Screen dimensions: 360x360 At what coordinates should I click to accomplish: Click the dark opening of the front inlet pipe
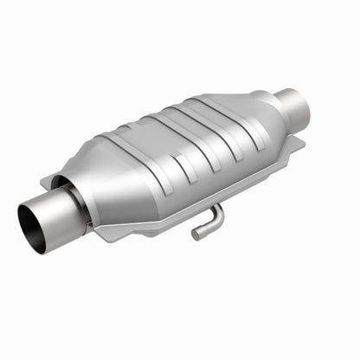coord(32,227)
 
